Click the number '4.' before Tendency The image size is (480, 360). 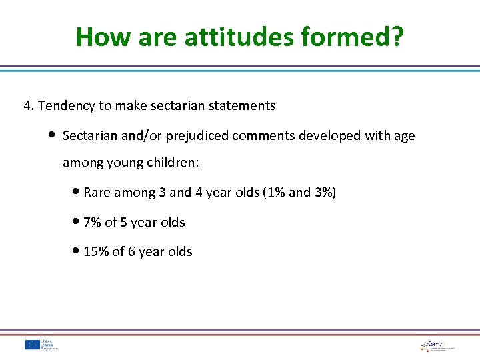(x=29, y=105)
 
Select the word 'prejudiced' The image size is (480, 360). (x=197, y=136)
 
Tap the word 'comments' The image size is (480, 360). (x=264, y=136)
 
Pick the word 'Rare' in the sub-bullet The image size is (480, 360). (x=97, y=193)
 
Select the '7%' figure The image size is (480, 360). (x=93, y=223)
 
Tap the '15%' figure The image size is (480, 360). (x=95, y=252)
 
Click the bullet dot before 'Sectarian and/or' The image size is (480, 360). (x=52, y=135)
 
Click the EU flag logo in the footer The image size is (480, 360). (x=33, y=345)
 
